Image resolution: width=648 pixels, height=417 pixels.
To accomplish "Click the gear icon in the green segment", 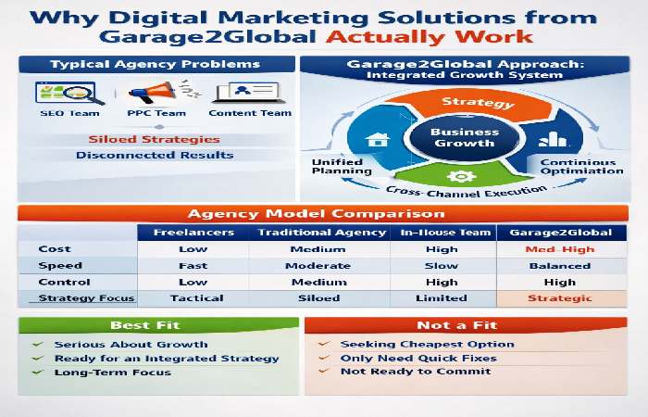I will (x=455, y=176).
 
